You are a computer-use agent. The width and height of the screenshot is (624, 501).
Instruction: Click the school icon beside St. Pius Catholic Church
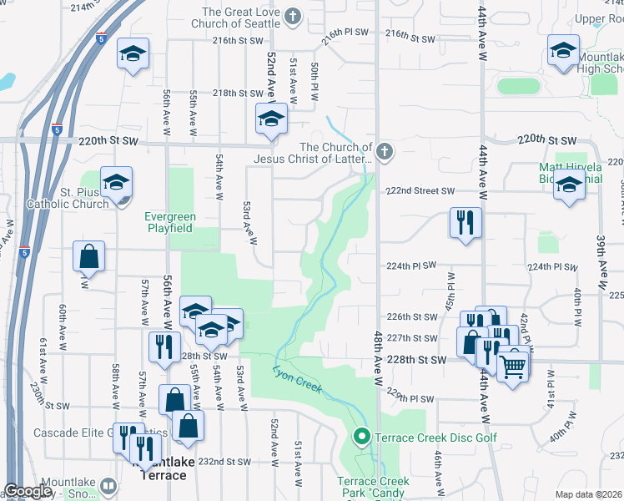point(116,180)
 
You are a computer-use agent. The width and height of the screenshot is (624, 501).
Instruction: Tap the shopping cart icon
point(514,364)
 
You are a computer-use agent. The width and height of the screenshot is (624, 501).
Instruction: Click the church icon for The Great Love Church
point(293,16)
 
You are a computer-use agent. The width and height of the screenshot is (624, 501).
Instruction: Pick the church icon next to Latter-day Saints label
point(384,152)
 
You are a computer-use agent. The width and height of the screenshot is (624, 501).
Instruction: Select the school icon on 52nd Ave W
point(271,119)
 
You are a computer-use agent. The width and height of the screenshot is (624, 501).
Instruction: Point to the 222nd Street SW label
point(420,191)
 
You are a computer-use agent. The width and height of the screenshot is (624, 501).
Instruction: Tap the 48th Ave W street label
point(378,351)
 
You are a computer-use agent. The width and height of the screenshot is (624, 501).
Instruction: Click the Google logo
point(28,491)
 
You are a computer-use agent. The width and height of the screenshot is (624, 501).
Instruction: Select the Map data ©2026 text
point(589,494)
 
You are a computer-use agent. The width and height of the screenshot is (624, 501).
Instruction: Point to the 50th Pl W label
point(315,81)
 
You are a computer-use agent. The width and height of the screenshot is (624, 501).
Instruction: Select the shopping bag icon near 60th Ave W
point(88,257)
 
